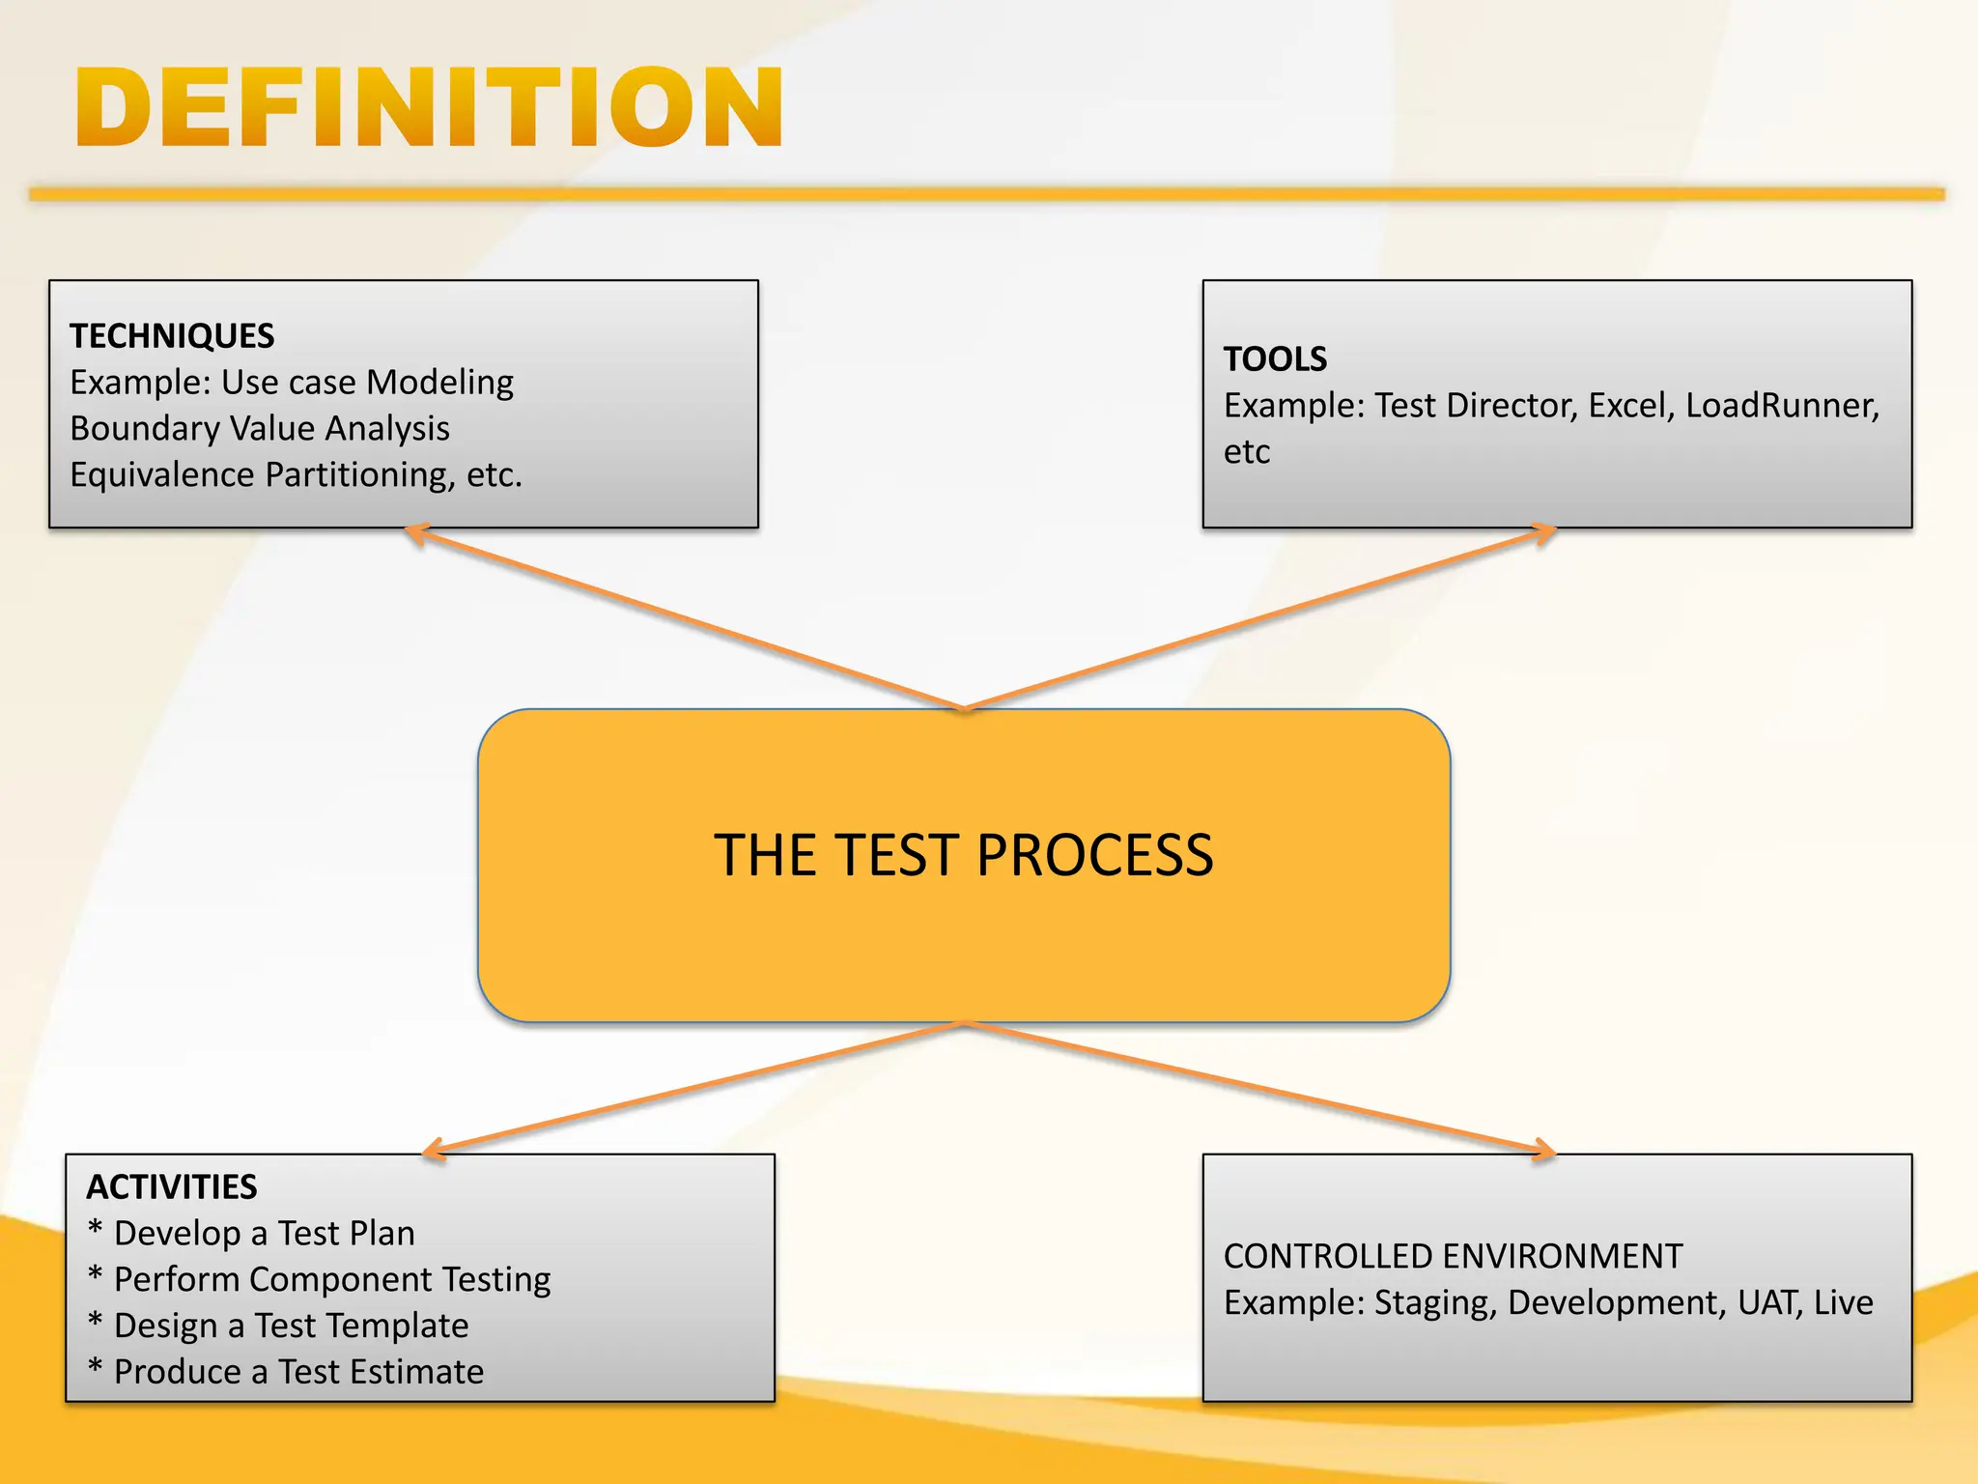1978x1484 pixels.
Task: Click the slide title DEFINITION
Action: click(429, 108)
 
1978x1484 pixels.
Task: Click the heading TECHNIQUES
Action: click(172, 336)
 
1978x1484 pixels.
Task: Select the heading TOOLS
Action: click(1275, 359)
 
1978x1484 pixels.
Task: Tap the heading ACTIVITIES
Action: click(172, 1186)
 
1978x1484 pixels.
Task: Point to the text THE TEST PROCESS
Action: click(963, 856)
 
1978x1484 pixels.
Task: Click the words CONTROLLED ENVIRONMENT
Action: click(1453, 1256)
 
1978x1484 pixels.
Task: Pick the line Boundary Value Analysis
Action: click(260, 429)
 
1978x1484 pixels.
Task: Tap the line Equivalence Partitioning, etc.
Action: click(296, 475)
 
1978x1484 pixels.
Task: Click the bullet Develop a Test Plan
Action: click(264, 1234)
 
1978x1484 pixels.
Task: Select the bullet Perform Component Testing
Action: click(331, 1280)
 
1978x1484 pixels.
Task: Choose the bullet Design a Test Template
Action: click(291, 1327)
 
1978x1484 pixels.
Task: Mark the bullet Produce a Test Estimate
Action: click(298, 1373)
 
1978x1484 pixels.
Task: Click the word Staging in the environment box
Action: click(1434, 1303)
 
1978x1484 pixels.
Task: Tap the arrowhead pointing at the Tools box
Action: click(1543, 532)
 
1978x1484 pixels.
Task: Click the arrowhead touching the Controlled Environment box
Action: click(1543, 1150)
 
